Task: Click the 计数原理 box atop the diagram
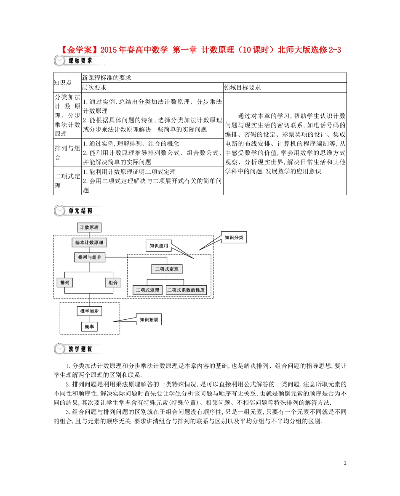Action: [89, 228]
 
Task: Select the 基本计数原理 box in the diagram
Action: [89, 243]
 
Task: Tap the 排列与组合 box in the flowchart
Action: [89, 257]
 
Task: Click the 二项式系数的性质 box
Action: [186, 290]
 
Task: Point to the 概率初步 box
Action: [89, 311]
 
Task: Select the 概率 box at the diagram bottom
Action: [89, 326]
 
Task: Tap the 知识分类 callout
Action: [233, 238]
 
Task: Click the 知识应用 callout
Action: [158, 245]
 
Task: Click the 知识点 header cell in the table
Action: [62, 82]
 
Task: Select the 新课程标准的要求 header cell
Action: [107, 78]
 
